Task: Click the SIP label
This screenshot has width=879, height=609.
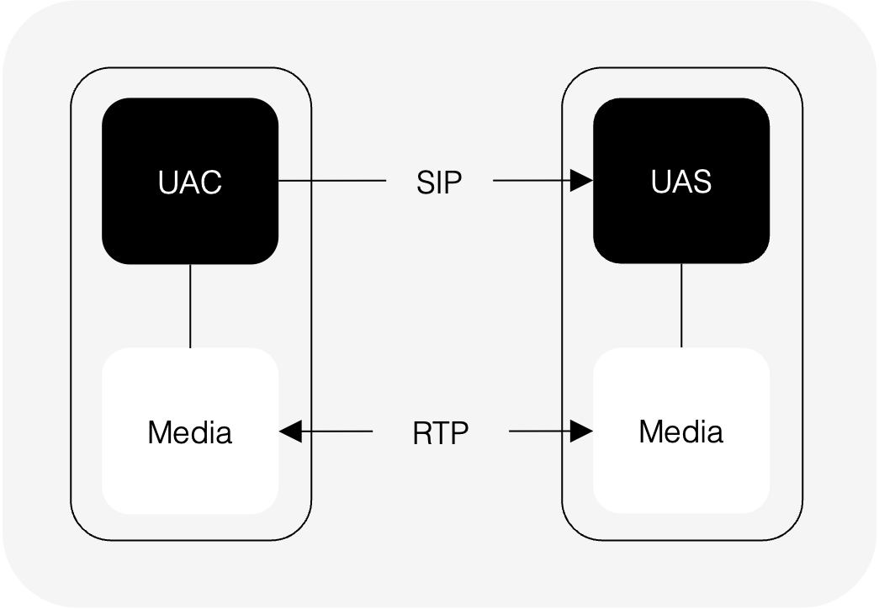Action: [x=439, y=182]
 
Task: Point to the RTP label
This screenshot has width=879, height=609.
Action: [x=440, y=433]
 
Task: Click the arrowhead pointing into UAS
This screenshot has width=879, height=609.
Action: [x=582, y=180]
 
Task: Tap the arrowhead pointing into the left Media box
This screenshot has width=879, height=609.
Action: [x=290, y=432]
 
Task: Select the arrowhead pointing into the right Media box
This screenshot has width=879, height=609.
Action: [x=582, y=432]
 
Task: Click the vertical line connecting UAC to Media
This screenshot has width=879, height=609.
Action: [x=190, y=306]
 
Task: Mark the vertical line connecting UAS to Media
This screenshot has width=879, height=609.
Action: [x=681, y=306]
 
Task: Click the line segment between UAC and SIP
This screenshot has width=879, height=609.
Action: [x=331, y=180]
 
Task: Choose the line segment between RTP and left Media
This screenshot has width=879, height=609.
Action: [x=336, y=432]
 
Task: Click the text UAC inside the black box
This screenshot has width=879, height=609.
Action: [x=190, y=183]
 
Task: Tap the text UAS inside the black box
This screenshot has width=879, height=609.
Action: [x=681, y=182]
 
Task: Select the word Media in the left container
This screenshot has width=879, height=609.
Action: [x=190, y=433]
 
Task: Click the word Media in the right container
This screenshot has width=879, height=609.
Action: [x=681, y=432]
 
